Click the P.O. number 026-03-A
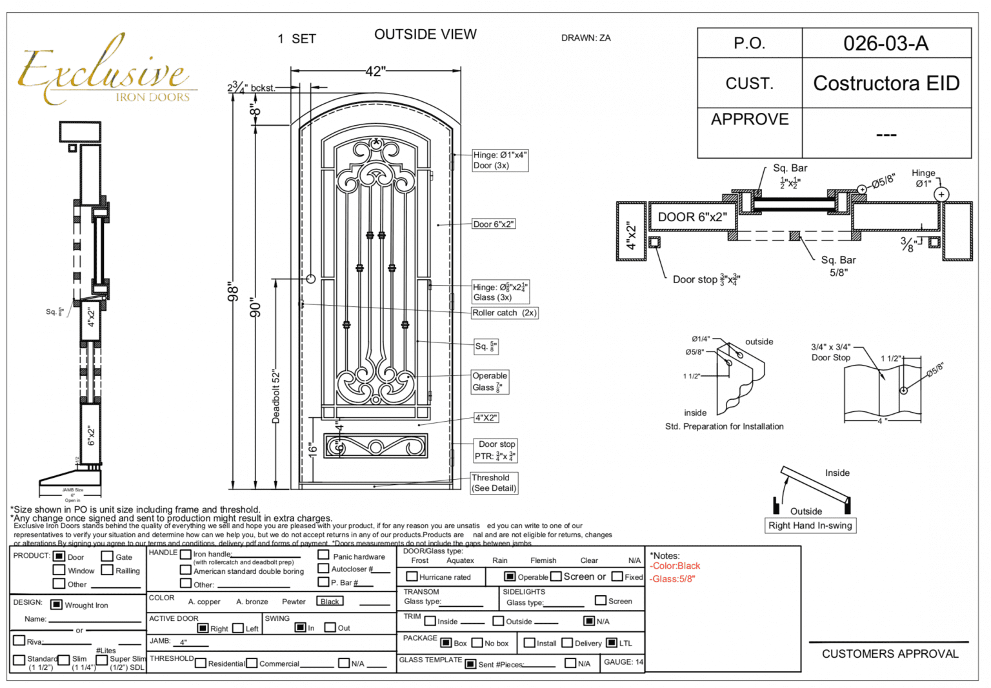click(x=885, y=43)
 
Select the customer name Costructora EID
click(x=886, y=83)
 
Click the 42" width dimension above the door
click(x=375, y=72)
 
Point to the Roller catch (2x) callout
click(x=504, y=313)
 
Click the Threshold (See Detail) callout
click(x=494, y=483)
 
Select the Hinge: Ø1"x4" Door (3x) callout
click(x=500, y=160)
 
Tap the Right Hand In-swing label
click(x=810, y=526)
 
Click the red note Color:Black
click(x=676, y=566)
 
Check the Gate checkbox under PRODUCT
click(x=107, y=556)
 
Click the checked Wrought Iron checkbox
click(x=57, y=605)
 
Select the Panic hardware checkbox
click(x=323, y=555)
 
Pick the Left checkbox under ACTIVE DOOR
click(x=238, y=628)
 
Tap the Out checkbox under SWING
click(x=330, y=627)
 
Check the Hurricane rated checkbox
click(x=412, y=576)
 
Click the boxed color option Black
click(x=330, y=602)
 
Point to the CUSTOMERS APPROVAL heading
click(x=890, y=654)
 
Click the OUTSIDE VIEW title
click(x=425, y=35)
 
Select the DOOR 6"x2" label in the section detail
click(x=692, y=217)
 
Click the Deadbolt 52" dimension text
click(x=276, y=396)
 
